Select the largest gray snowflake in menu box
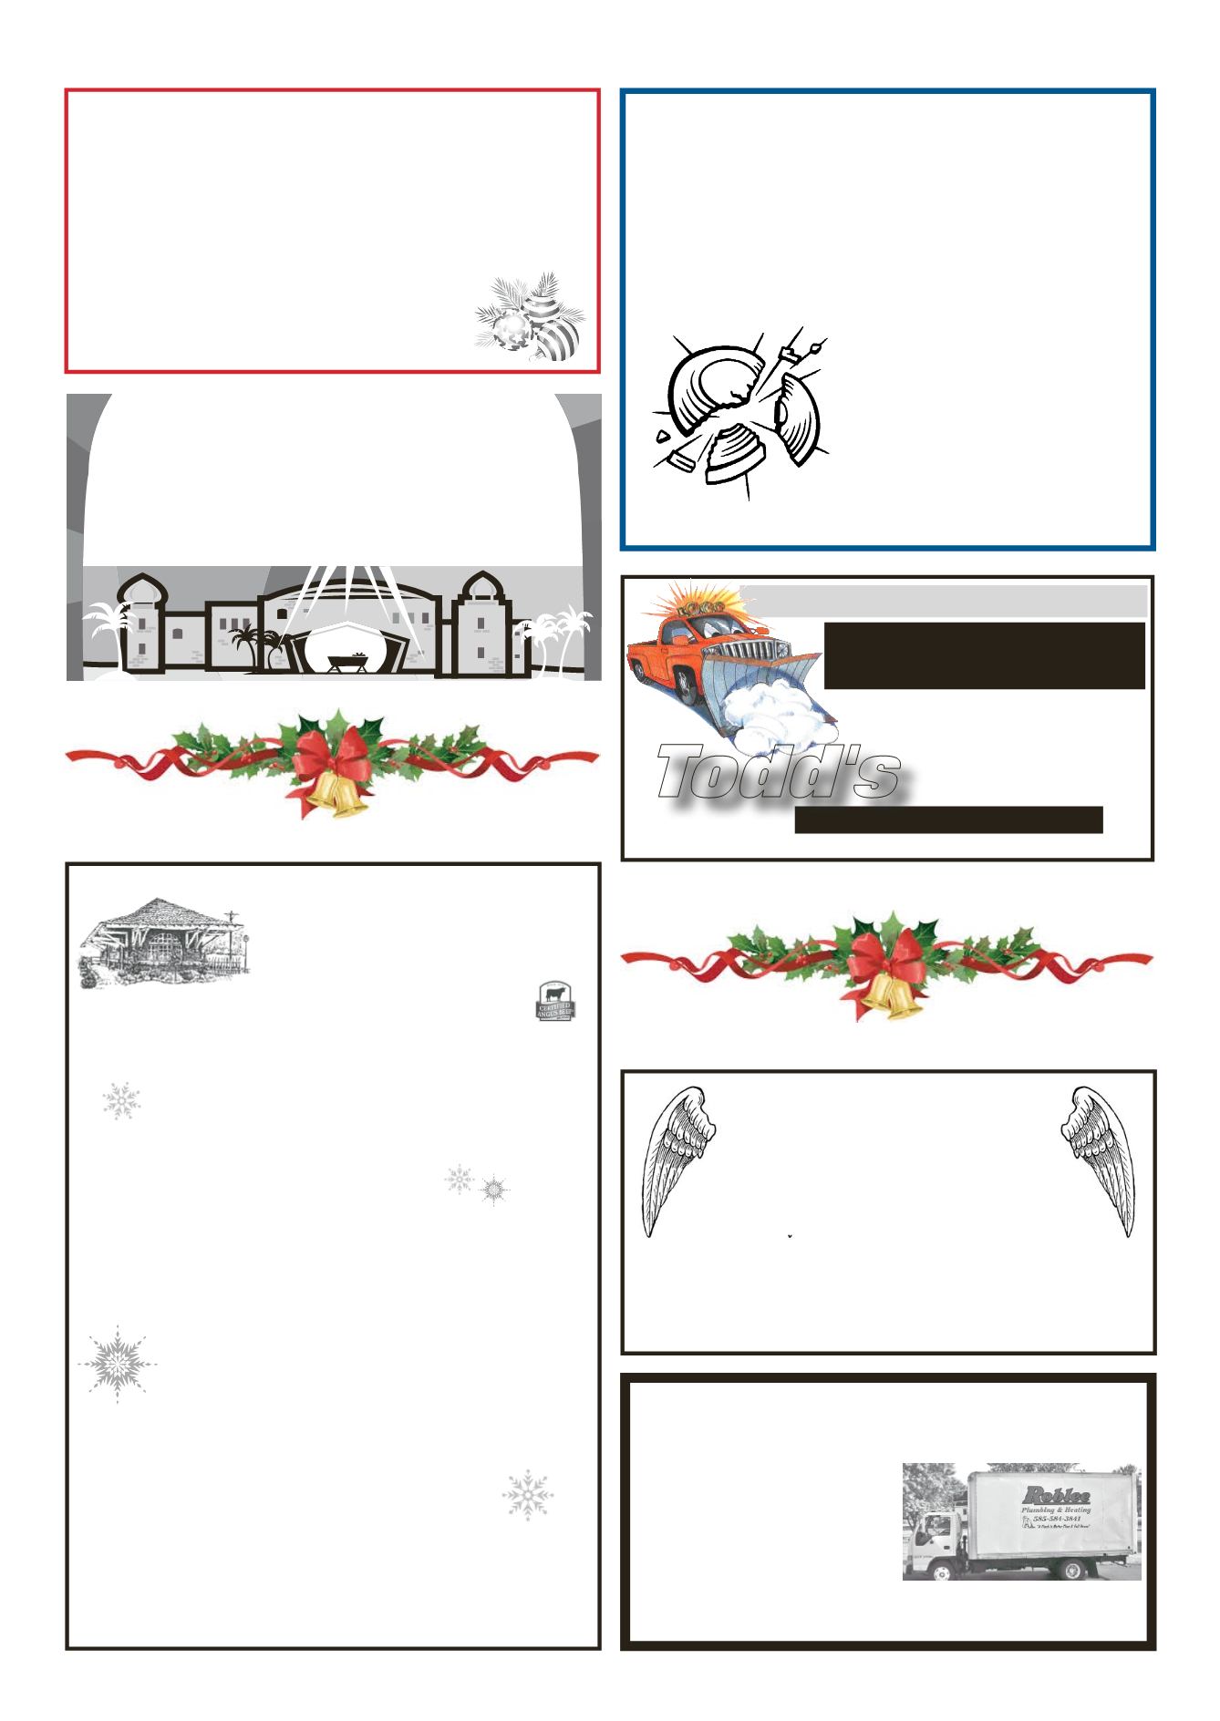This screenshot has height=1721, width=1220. coord(117,1364)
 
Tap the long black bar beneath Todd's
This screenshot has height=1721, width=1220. coord(948,819)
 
